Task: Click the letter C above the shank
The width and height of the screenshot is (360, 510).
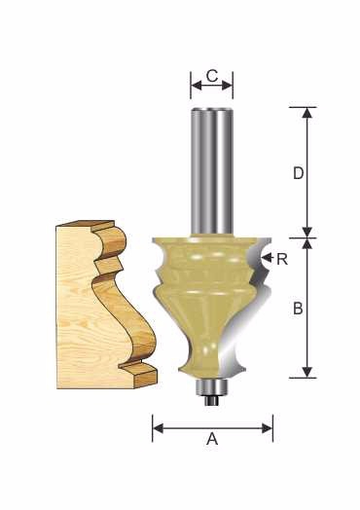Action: [x=212, y=76]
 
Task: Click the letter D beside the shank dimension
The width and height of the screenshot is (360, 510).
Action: [x=298, y=173]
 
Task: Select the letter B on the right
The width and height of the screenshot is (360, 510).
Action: [x=298, y=308]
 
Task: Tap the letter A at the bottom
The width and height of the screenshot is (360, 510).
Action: [x=212, y=439]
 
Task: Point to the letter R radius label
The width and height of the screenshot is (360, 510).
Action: [x=282, y=260]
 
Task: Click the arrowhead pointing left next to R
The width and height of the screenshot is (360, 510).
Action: [x=267, y=258]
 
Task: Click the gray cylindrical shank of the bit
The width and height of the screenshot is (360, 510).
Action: [x=212, y=171]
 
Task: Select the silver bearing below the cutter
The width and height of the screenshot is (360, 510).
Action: [x=211, y=386]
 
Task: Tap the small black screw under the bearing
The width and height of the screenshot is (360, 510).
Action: [x=211, y=400]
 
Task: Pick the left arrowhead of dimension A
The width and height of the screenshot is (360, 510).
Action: [x=158, y=428]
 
